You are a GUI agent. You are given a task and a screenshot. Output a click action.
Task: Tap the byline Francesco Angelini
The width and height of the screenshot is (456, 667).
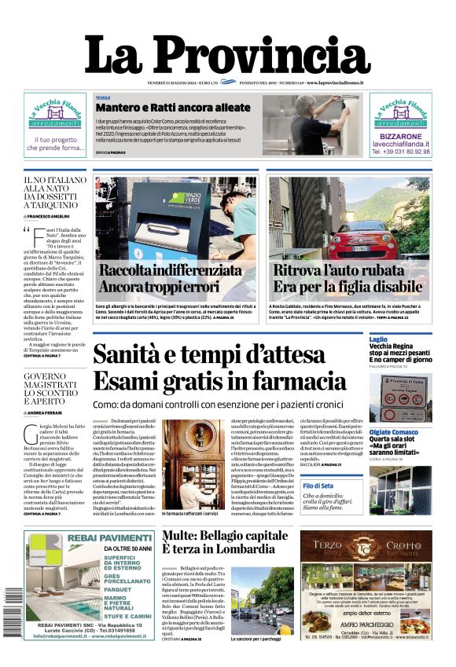(x=49, y=215)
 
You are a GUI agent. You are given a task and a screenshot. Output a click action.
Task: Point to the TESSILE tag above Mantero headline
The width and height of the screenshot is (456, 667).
(x=103, y=97)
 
